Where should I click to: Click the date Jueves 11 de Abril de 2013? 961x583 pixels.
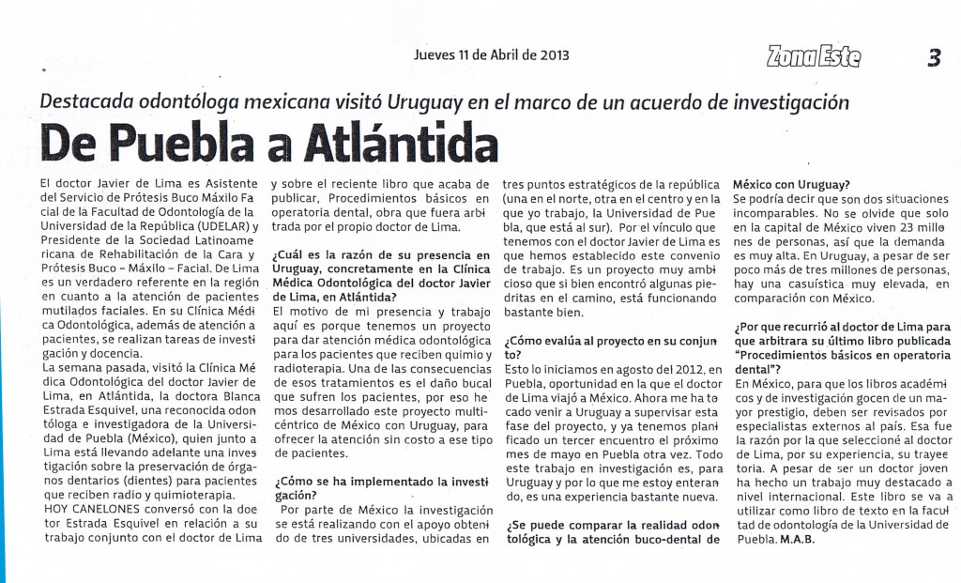click(x=491, y=54)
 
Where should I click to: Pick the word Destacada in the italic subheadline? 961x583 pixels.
click(x=90, y=101)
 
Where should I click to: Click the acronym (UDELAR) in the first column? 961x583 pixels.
click(x=229, y=226)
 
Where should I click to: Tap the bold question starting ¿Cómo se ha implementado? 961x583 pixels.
click(x=380, y=488)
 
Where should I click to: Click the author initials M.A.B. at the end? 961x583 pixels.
click(x=794, y=540)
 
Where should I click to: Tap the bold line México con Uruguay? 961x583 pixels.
click(x=791, y=184)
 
